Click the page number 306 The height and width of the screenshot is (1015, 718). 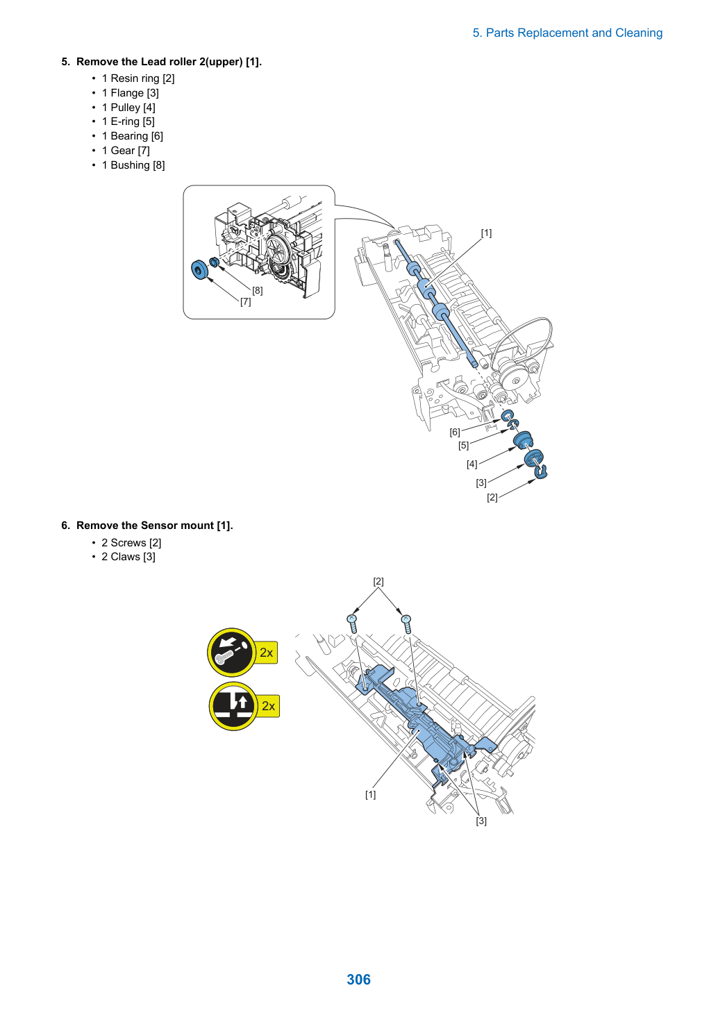click(358, 979)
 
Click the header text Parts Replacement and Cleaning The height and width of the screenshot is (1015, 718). click(574, 33)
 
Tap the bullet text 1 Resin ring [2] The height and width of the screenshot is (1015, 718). click(138, 78)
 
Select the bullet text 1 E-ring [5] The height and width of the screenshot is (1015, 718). click(128, 121)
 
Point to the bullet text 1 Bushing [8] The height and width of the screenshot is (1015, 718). click(133, 165)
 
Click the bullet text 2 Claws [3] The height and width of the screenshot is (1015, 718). click(128, 556)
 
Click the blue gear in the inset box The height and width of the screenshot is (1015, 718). click(199, 270)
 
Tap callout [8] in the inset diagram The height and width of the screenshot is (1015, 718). click(258, 290)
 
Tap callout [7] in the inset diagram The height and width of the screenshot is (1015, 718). click(245, 302)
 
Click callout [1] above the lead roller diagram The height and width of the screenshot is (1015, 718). click(486, 233)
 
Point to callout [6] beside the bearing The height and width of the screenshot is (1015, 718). click(455, 433)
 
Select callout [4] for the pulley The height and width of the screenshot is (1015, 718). click(472, 464)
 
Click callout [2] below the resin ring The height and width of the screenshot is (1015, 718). click(492, 498)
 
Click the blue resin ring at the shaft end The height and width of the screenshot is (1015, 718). click(541, 471)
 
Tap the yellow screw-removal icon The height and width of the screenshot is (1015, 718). click(232, 653)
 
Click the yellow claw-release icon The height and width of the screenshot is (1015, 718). click(233, 706)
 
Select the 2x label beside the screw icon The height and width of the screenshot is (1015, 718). click(267, 653)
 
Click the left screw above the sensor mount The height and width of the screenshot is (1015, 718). click(352, 623)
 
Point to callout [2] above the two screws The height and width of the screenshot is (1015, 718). click(378, 581)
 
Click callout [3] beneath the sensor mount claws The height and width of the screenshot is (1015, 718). click(481, 821)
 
